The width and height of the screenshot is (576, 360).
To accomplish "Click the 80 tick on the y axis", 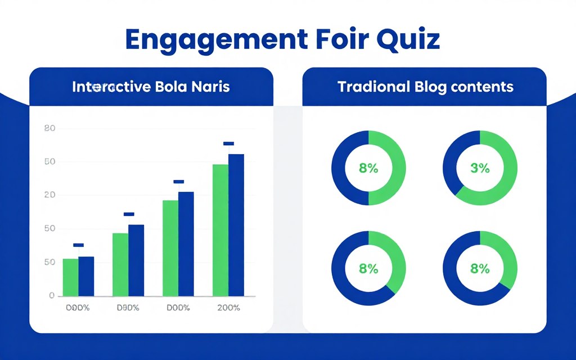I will pos(49,129).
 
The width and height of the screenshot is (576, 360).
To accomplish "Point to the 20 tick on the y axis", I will pos(49,195).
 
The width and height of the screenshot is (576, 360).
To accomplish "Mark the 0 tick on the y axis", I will pos(52,295).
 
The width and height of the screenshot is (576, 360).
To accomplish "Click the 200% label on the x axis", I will pos(228,308).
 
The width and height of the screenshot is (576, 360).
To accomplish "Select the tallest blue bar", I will pos(236,225).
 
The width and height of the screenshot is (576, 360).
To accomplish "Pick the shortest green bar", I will pos(70,277).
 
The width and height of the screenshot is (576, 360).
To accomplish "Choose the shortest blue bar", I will pos(86,276).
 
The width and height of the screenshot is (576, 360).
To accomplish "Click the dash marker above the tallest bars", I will pos(228,143).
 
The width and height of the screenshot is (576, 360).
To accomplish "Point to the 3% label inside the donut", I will pos(480,168).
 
